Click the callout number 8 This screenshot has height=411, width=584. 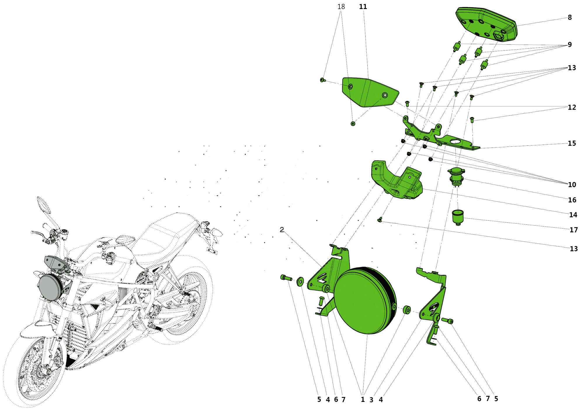(x=570, y=17)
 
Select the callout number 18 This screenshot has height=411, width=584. (x=341, y=6)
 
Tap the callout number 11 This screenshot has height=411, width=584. (x=363, y=6)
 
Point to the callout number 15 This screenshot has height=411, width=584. (x=572, y=143)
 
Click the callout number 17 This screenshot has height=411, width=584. (x=574, y=230)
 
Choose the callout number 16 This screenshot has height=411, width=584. (x=572, y=200)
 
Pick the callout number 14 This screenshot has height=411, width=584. (x=573, y=215)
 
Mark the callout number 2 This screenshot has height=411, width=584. (x=282, y=230)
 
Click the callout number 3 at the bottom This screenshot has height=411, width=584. (x=371, y=400)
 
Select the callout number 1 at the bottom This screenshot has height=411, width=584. (x=363, y=400)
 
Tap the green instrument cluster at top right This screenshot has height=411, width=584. (x=486, y=24)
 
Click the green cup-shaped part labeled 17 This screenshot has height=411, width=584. (x=458, y=218)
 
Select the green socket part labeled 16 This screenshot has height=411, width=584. (x=456, y=177)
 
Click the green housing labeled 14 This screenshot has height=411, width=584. (x=397, y=180)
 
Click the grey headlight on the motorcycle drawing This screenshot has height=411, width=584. (x=50, y=288)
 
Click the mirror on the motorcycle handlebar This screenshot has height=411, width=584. (x=44, y=205)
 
